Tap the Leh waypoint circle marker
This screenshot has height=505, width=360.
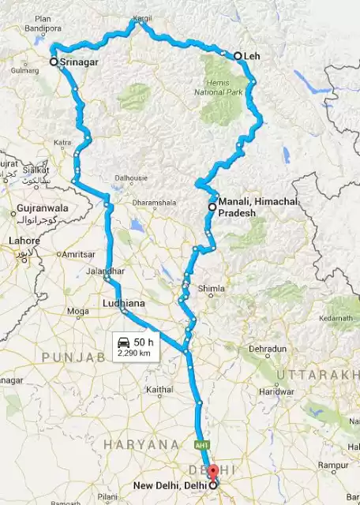coord(238,56)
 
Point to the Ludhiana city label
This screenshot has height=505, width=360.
coord(125,302)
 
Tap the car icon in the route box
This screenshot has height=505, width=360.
coord(123,342)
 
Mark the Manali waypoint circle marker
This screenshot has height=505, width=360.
coord(212,207)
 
